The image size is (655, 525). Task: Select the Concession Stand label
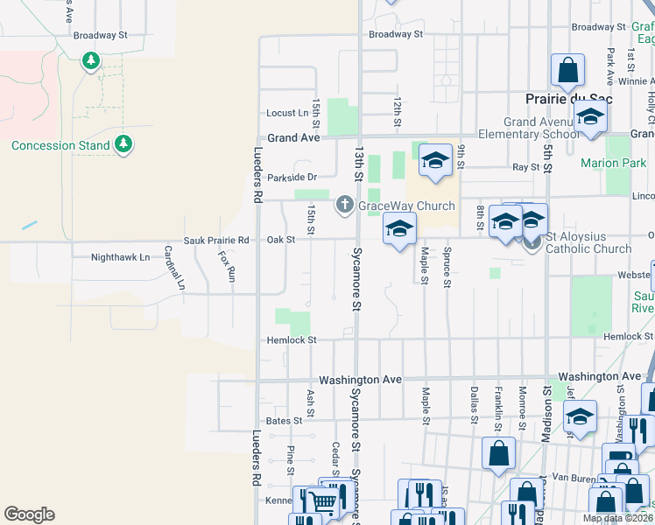tap(60, 145)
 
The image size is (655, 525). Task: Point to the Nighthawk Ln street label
tap(121, 258)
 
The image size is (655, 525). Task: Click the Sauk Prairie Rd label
tap(216, 240)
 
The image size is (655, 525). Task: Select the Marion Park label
tap(613, 163)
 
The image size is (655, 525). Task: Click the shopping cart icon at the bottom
tap(323, 501)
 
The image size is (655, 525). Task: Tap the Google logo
tap(29, 514)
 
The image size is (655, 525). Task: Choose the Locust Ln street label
tap(287, 113)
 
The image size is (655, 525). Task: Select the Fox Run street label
tap(228, 266)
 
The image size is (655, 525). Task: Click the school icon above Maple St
tap(399, 228)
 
